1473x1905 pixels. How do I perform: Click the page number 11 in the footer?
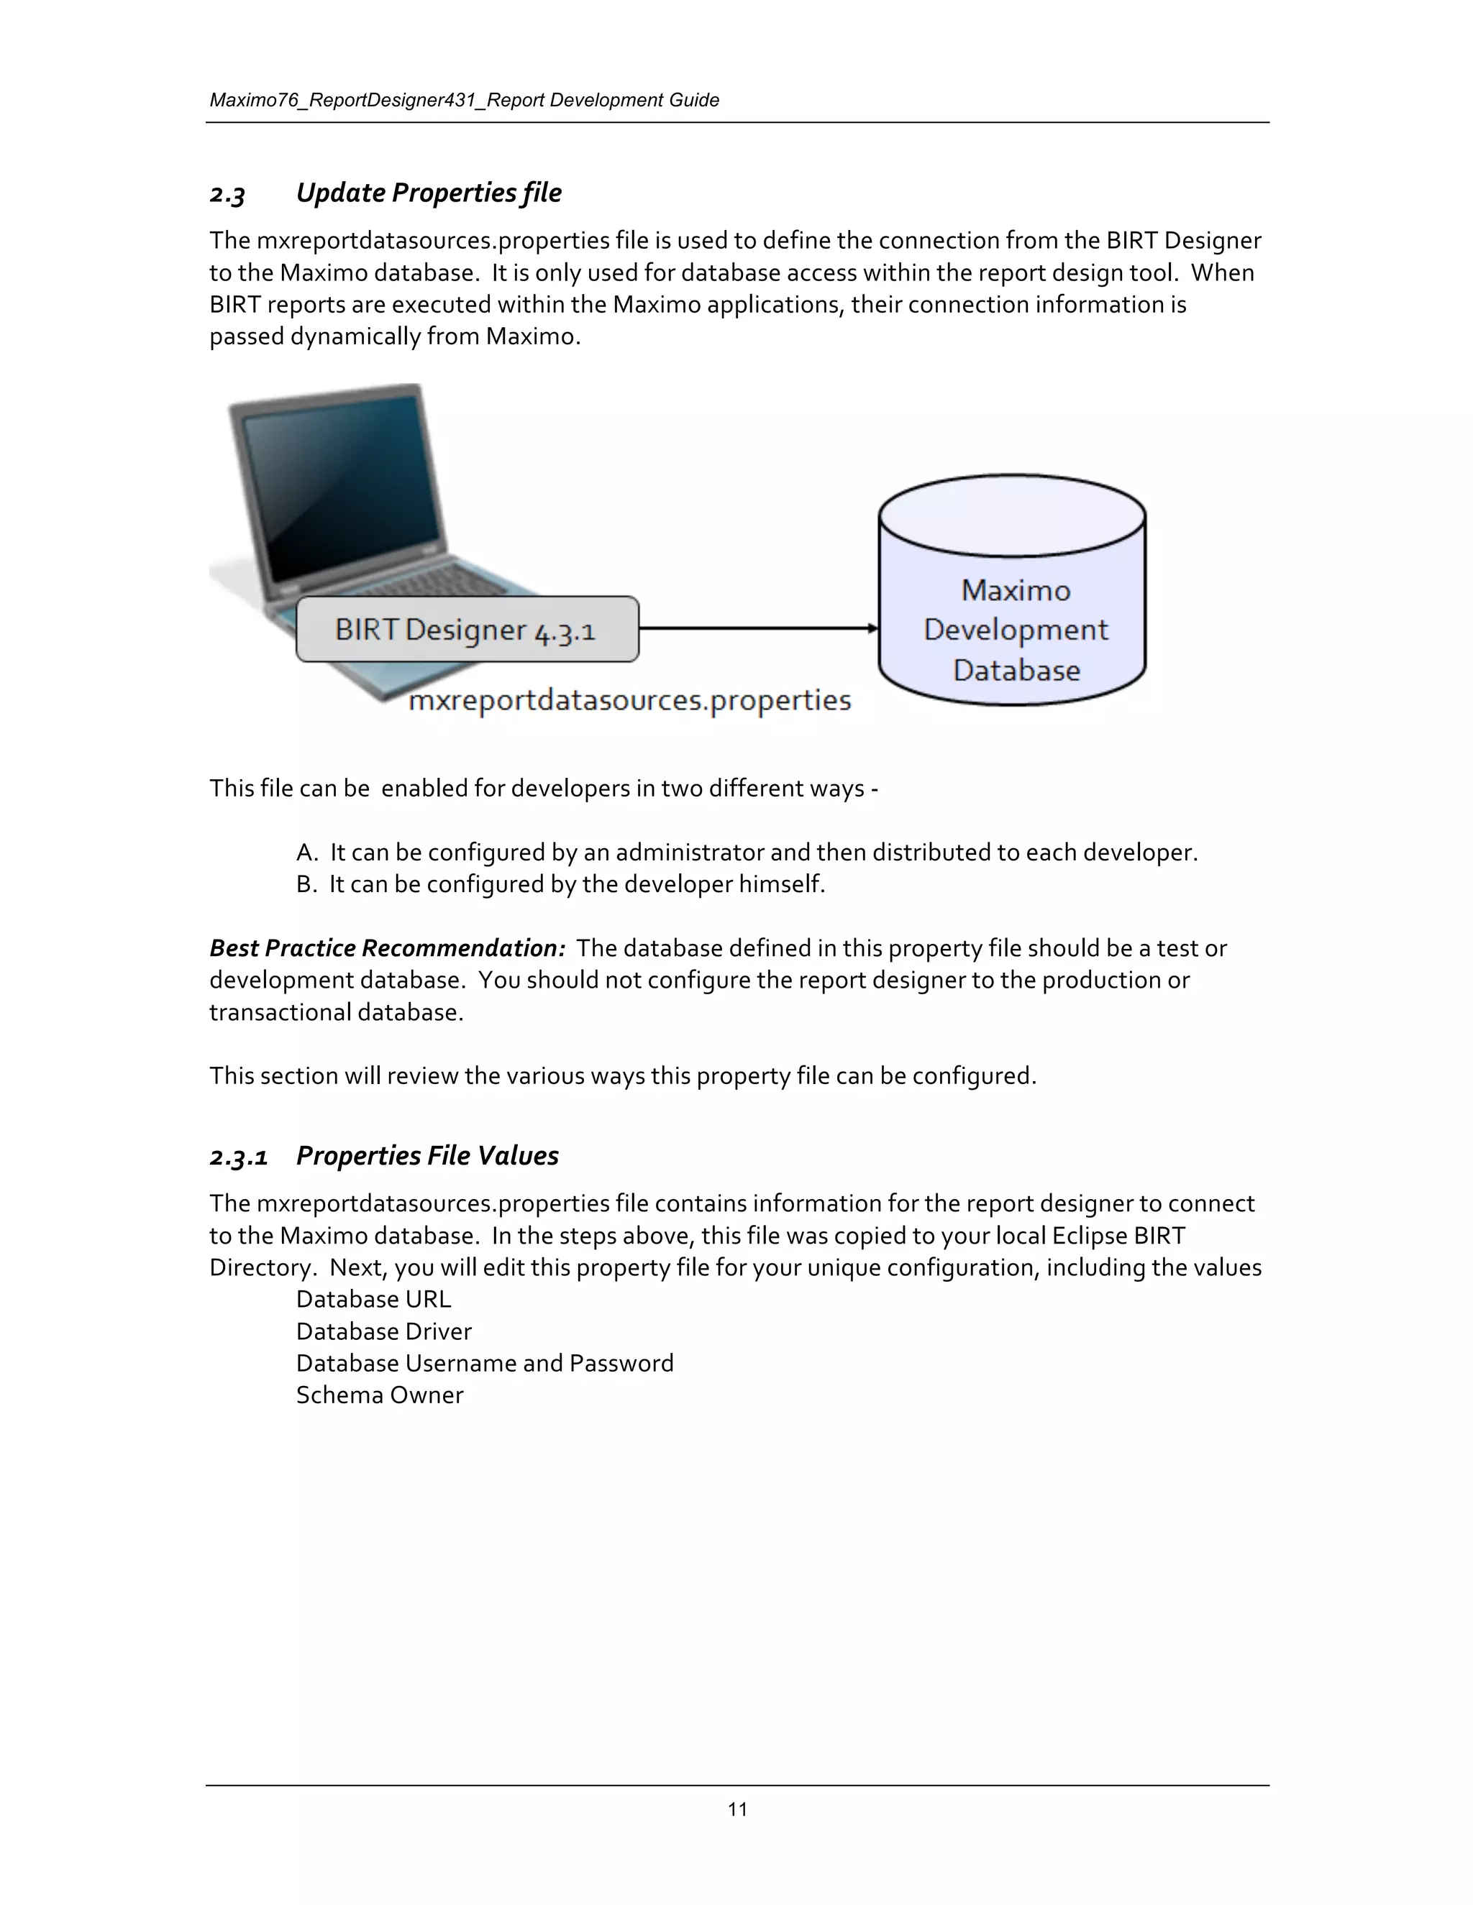[x=737, y=1809]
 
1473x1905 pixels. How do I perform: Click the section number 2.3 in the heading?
[x=228, y=193]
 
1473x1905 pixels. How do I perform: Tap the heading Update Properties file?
[x=429, y=193]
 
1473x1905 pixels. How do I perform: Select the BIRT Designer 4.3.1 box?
[x=467, y=629]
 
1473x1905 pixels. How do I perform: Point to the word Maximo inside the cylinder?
[x=1015, y=590]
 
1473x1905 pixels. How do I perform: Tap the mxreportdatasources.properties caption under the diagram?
[x=629, y=700]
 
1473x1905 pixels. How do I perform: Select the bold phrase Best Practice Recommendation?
[x=388, y=948]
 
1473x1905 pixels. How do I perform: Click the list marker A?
[x=306, y=852]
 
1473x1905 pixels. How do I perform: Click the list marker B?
[x=306, y=884]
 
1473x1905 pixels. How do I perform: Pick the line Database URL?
[x=373, y=1299]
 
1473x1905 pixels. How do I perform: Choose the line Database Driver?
[x=384, y=1331]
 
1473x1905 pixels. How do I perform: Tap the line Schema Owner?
[x=380, y=1395]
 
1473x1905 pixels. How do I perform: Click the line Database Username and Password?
[x=484, y=1362]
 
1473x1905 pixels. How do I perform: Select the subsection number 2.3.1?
[x=238, y=1157]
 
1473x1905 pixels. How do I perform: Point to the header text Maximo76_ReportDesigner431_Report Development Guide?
[x=464, y=101]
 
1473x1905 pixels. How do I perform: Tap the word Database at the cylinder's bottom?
[x=1016, y=670]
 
